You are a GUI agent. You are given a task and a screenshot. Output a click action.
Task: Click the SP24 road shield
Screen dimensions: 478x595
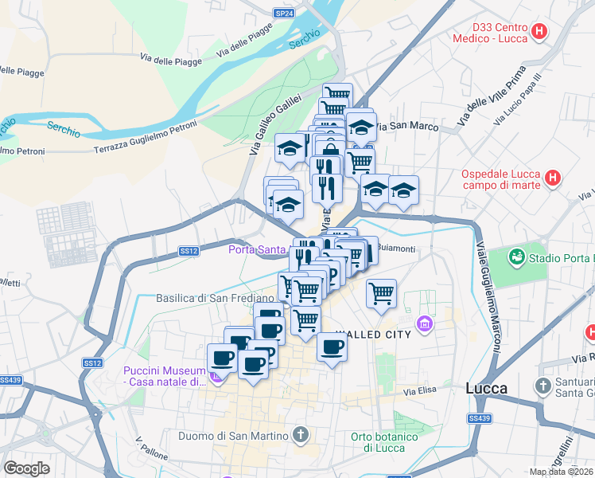tap(284, 14)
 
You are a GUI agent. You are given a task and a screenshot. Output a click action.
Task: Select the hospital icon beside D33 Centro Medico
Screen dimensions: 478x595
tap(540, 33)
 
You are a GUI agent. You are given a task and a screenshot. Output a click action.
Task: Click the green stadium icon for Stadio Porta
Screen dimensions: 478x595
tap(518, 257)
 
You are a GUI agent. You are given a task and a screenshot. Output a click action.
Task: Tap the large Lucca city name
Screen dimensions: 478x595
tap(486, 389)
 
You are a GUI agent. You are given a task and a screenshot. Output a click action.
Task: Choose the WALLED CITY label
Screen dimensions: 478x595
tap(373, 335)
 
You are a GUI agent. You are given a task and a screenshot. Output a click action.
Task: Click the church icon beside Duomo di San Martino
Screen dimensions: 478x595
tap(300, 435)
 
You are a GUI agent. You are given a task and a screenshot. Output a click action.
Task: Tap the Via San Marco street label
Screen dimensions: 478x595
tap(407, 126)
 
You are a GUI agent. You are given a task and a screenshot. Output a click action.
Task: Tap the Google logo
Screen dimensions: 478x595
tap(27, 468)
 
